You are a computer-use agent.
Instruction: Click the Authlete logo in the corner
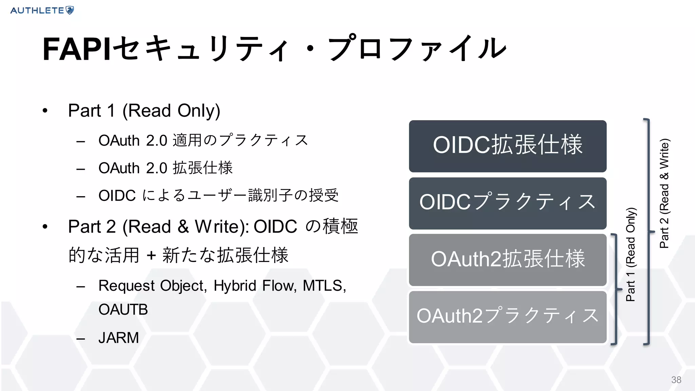click(x=42, y=10)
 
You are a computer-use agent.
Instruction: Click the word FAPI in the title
click(x=77, y=50)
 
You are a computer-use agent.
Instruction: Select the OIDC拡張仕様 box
click(x=507, y=146)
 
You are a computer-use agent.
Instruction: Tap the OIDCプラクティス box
click(x=507, y=203)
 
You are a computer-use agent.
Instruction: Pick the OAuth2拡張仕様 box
click(x=507, y=260)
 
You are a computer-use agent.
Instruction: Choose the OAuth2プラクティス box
click(x=507, y=317)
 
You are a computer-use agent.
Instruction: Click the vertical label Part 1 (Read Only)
click(x=631, y=255)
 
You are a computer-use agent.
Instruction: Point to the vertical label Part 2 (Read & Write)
click(x=664, y=193)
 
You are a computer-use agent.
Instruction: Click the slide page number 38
click(x=676, y=380)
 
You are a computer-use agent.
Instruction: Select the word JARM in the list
click(x=119, y=338)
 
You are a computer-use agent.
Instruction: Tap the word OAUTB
click(x=123, y=310)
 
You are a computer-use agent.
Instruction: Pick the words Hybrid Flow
click(x=255, y=286)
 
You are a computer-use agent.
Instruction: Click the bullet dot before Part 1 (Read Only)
click(x=45, y=111)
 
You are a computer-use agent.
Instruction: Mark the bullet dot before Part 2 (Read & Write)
click(x=45, y=227)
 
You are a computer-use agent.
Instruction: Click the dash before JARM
click(x=81, y=338)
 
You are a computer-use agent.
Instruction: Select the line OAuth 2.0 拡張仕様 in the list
click(x=166, y=168)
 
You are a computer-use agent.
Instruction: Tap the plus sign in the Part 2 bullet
click(x=151, y=255)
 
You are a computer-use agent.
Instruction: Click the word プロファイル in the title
click(x=417, y=50)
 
